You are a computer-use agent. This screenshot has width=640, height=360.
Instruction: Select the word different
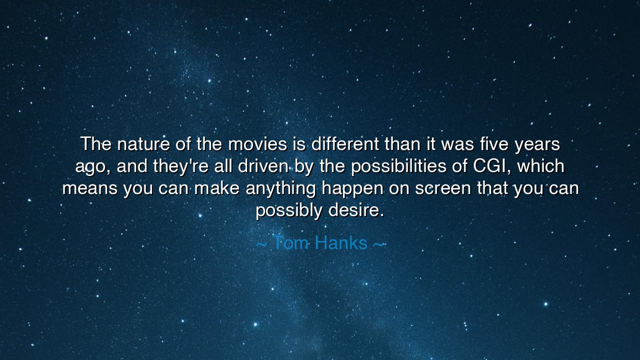click(345, 144)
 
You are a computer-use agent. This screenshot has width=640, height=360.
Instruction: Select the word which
click(541, 166)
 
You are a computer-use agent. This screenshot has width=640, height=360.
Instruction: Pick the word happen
click(352, 189)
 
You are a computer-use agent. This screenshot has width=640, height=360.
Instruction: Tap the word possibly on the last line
click(288, 210)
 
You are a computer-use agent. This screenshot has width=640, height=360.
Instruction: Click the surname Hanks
click(341, 243)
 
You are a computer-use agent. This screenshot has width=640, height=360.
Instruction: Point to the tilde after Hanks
click(379, 244)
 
